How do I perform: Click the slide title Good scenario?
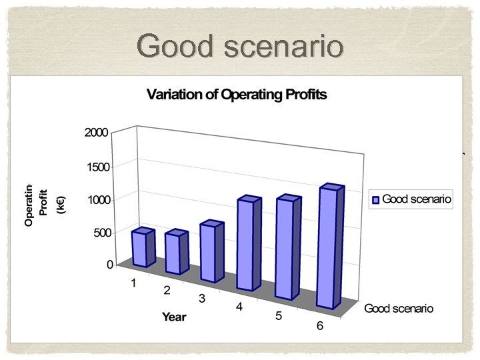[240, 47]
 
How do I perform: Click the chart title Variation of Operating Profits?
[237, 94]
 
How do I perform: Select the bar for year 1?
[142, 248]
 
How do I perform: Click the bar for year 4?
[248, 245]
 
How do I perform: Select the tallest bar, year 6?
[330, 248]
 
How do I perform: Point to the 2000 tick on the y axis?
[96, 133]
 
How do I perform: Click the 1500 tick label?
[96, 167]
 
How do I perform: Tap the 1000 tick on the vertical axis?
[96, 200]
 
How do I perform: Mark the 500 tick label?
[99, 233]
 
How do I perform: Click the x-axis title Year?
[174, 317]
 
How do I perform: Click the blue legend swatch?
[375, 199]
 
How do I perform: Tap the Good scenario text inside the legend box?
[417, 199]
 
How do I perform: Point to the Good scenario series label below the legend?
[398, 308]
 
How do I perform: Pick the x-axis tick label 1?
[133, 283]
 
